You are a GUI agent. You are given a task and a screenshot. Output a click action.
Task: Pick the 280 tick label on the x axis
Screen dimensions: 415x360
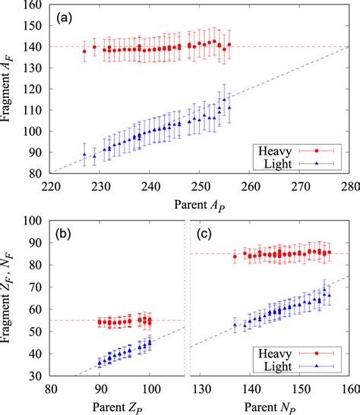349,185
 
